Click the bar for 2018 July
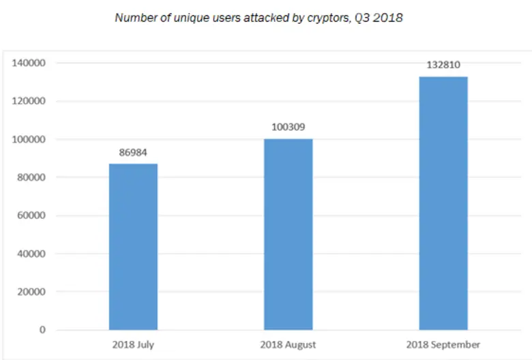pos(133,247)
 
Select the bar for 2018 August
pos(289,235)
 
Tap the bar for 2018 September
pos(443,203)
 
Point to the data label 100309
pos(289,127)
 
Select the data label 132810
pos(443,65)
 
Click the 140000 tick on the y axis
pos(30,63)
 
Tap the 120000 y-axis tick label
pos(30,102)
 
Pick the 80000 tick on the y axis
pos(32,178)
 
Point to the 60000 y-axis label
pos(32,216)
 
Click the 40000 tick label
pos(32,254)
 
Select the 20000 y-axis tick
pos(32,292)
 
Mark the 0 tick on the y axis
pos(42,331)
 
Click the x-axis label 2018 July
pos(134,344)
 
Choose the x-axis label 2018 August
pos(289,344)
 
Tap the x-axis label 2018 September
pos(443,344)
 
